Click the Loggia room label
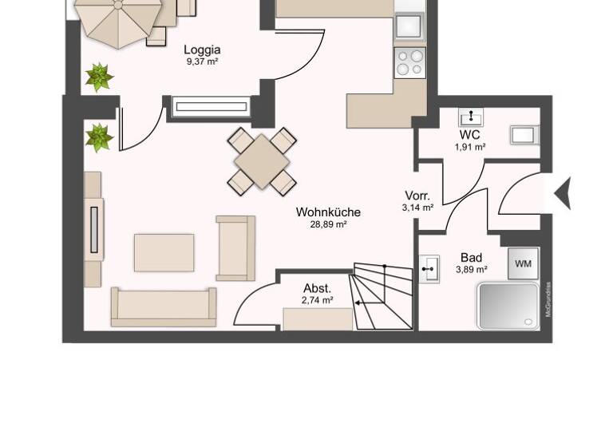(x=202, y=49)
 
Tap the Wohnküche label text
(x=328, y=212)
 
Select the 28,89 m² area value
(x=328, y=225)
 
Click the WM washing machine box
(x=523, y=263)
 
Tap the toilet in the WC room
(x=525, y=134)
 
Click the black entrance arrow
(x=563, y=192)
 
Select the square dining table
(x=262, y=160)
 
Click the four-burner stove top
(x=410, y=61)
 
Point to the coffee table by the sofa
(x=164, y=252)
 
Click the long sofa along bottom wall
(x=164, y=307)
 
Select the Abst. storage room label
(x=317, y=288)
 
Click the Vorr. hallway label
(x=417, y=196)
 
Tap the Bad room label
(x=471, y=257)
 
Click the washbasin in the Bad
(x=429, y=269)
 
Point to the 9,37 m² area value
(x=202, y=62)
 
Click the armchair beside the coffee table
(x=235, y=247)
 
